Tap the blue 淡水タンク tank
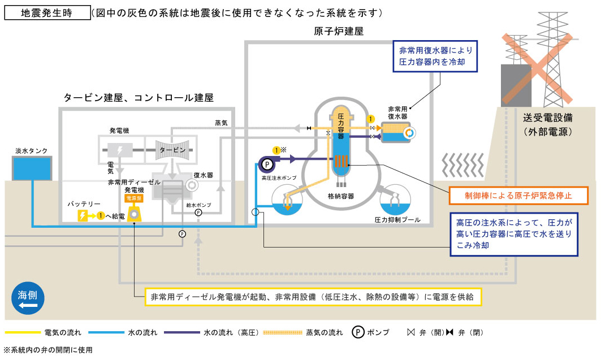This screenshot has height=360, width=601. [32, 168]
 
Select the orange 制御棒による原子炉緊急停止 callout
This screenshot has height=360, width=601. [518, 196]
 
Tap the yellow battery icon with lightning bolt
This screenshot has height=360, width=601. [83, 215]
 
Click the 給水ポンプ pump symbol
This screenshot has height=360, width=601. [198, 212]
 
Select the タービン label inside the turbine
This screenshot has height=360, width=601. [172, 149]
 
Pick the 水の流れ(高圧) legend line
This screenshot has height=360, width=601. [181, 332]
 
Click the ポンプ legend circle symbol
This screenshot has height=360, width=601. [357, 332]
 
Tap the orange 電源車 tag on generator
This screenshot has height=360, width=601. [134, 199]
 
